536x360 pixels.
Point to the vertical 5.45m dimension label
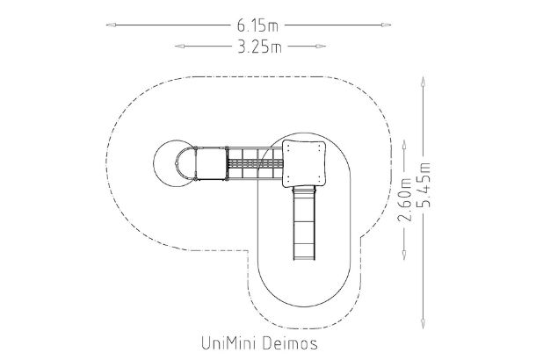[425, 186]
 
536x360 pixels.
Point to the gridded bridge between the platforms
[255, 163]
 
